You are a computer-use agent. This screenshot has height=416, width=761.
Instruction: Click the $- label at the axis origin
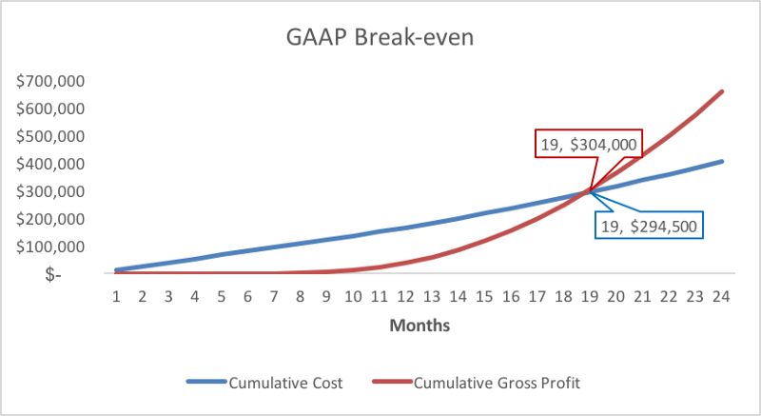(78, 274)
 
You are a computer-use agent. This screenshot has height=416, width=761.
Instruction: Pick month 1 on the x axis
(116, 296)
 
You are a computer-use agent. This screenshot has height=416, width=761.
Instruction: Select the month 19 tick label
(589, 296)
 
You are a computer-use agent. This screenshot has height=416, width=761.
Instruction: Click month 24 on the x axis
(721, 296)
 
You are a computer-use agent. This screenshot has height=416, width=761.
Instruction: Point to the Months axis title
(419, 326)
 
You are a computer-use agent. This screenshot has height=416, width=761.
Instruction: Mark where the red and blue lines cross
(590, 191)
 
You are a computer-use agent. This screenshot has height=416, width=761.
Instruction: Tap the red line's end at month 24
(722, 91)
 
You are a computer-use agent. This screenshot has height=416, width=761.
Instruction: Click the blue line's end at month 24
(722, 161)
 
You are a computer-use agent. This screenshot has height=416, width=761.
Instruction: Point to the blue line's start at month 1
(116, 269)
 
